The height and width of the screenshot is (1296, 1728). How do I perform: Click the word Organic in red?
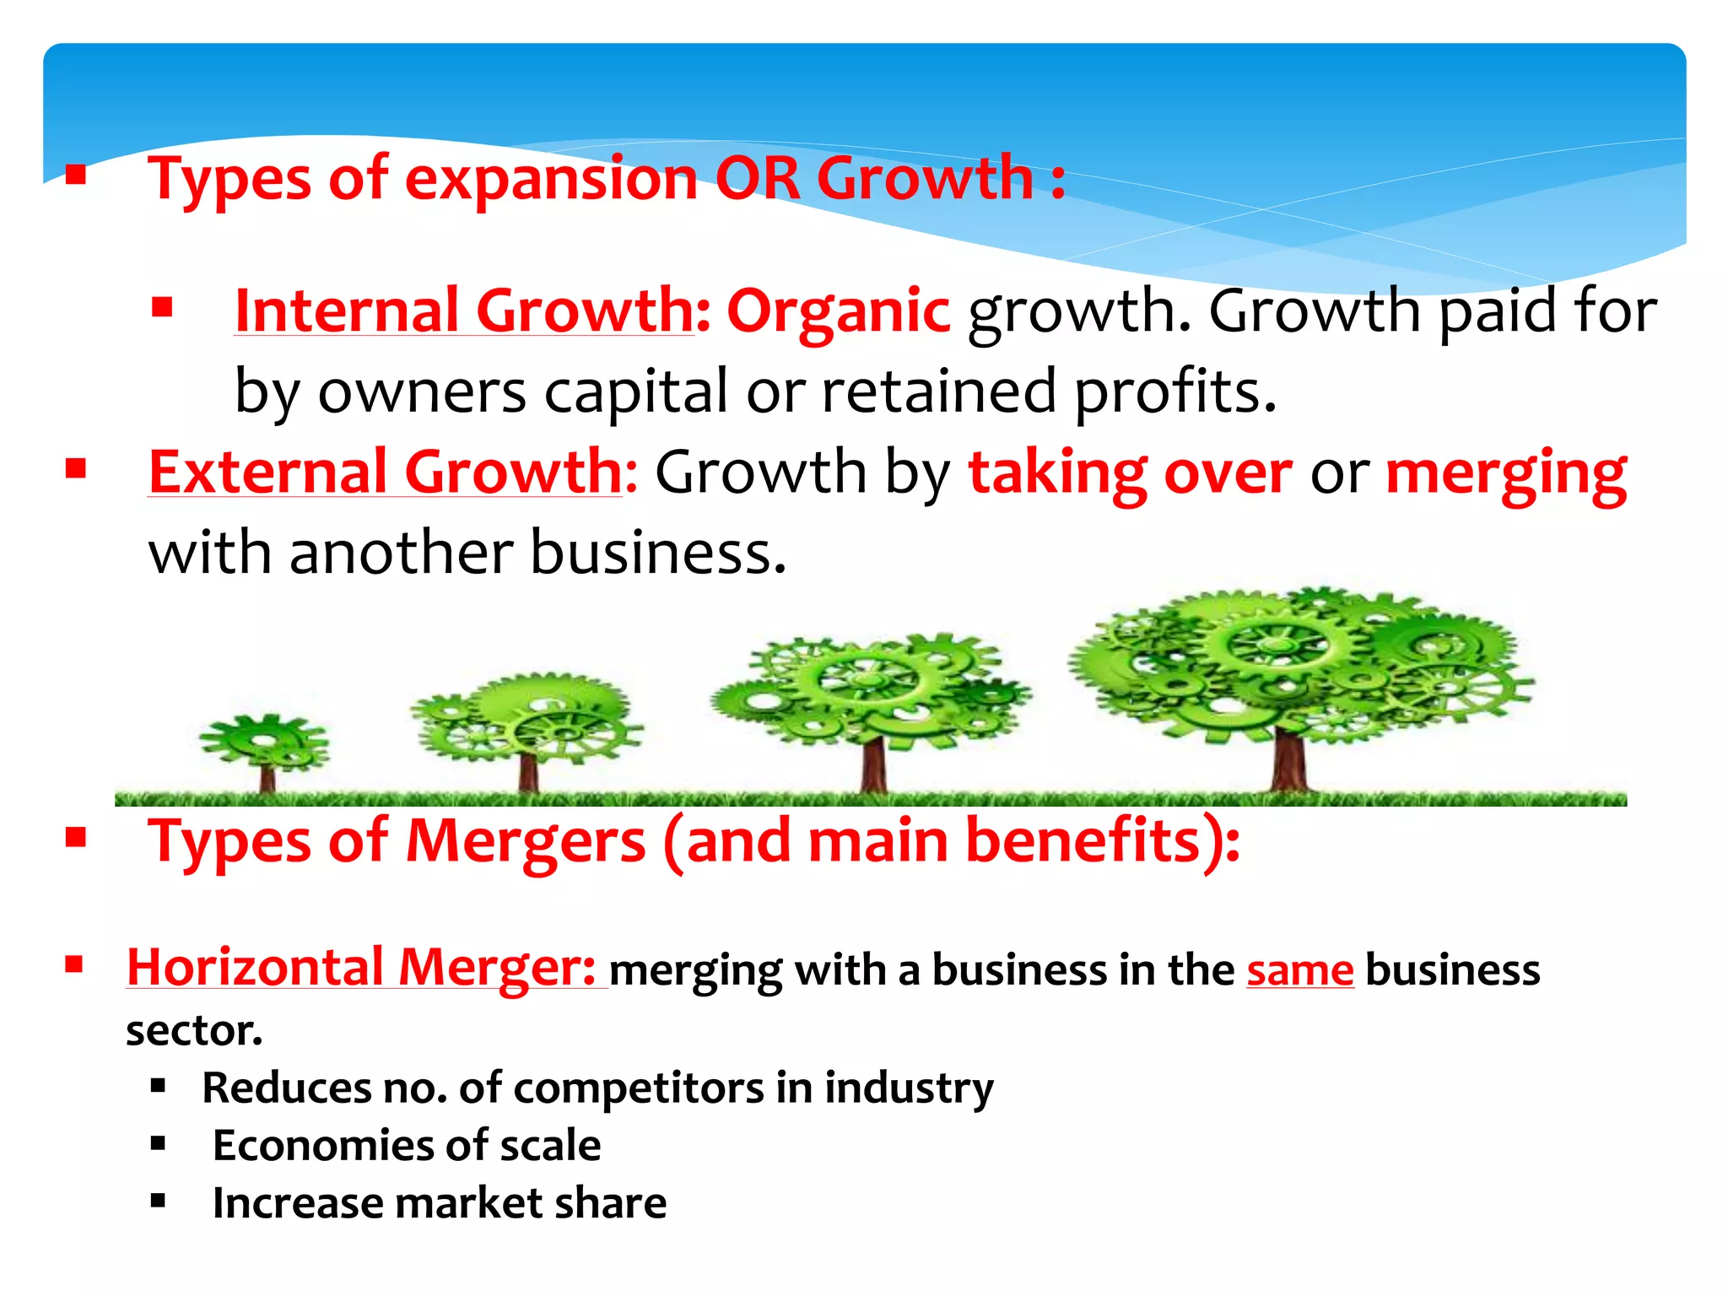coord(838,311)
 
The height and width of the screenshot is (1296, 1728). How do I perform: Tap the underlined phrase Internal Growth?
coord(463,310)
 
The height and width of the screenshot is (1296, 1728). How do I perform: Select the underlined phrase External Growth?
coord(385,472)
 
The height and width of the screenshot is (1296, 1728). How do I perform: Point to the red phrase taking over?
coord(1130,472)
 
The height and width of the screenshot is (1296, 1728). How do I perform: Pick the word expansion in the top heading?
coord(551,180)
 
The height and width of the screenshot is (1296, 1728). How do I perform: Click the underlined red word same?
coord(1300,969)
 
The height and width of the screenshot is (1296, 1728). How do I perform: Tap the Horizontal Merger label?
coord(362,967)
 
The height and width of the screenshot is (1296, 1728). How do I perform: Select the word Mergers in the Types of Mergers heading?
coord(526,841)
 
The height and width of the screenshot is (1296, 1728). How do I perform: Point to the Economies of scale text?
coord(407,1146)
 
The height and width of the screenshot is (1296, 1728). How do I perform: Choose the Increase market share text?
coord(440,1203)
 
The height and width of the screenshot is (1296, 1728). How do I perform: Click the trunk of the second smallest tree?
coord(528,772)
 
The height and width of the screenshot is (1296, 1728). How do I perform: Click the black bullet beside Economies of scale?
coord(158,1144)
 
